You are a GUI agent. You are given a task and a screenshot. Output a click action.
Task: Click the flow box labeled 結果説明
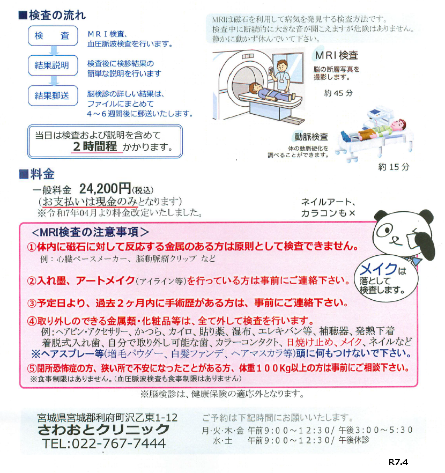pyautogui.click(x=53, y=65)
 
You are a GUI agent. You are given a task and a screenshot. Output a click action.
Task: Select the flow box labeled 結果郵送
pyautogui.click(x=53, y=95)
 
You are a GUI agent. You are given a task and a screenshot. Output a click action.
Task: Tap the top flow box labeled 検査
pyautogui.click(x=53, y=35)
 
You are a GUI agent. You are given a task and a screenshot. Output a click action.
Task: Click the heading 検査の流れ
pyautogui.click(x=53, y=15)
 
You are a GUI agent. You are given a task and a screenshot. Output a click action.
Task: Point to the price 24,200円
pyautogui.click(x=105, y=189)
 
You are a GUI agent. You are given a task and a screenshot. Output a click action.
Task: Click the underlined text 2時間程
pyautogui.click(x=95, y=146)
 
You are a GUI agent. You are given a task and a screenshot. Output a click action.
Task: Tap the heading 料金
pyautogui.click(x=37, y=174)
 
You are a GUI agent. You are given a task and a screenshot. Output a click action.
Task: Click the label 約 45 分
pyautogui.click(x=338, y=93)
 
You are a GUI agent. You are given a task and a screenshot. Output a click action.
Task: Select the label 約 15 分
pyautogui.click(x=394, y=167)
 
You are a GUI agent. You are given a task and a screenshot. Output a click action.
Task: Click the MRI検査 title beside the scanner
pyautogui.click(x=337, y=55)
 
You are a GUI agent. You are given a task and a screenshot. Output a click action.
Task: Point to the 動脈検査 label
pyautogui.click(x=311, y=137)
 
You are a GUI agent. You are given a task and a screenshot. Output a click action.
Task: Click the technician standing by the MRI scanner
pyautogui.click(x=281, y=76)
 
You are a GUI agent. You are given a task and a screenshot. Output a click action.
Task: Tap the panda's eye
pyautogui.click(x=384, y=230)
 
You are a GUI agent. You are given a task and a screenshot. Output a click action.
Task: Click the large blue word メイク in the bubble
pyautogui.click(x=379, y=269)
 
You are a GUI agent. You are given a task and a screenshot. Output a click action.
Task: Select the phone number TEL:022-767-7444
pyautogui.click(x=104, y=444)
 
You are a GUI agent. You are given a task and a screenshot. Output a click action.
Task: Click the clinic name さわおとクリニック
pyautogui.click(x=103, y=430)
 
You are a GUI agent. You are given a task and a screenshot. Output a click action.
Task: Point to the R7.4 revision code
pyautogui.click(x=398, y=462)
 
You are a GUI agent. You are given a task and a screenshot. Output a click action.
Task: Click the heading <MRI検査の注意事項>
pyautogui.click(x=90, y=232)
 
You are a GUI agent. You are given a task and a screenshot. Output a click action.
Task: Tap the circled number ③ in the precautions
pyautogui.click(x=32, y=303)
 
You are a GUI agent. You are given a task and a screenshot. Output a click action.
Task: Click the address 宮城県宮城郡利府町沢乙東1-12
pyautogui.click(x=108, y=417)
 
